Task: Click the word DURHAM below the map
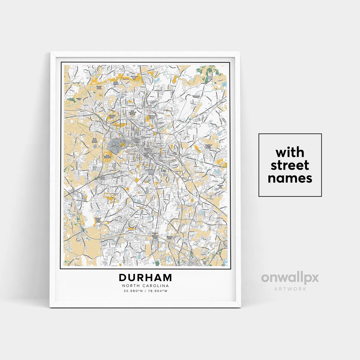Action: (145, 278)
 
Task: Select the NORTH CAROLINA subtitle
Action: (145, 286)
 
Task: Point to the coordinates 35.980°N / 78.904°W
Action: (145, 291)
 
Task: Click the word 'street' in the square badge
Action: (290, 165)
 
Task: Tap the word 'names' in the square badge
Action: (290, 178)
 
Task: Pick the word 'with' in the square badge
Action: (290, 153)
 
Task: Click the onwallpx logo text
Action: (290, 278)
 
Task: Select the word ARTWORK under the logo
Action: (290, 289)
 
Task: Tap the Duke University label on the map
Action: (115, 145)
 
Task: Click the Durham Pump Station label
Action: (99, 87)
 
